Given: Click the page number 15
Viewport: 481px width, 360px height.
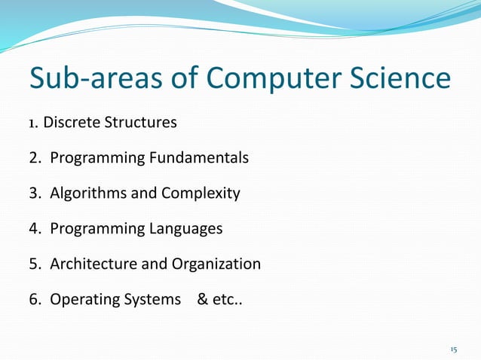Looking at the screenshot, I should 453,349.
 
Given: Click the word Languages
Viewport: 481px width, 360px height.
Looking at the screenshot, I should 185,229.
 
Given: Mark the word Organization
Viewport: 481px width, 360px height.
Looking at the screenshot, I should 216,264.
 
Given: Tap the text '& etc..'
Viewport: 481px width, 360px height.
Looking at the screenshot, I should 219,300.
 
